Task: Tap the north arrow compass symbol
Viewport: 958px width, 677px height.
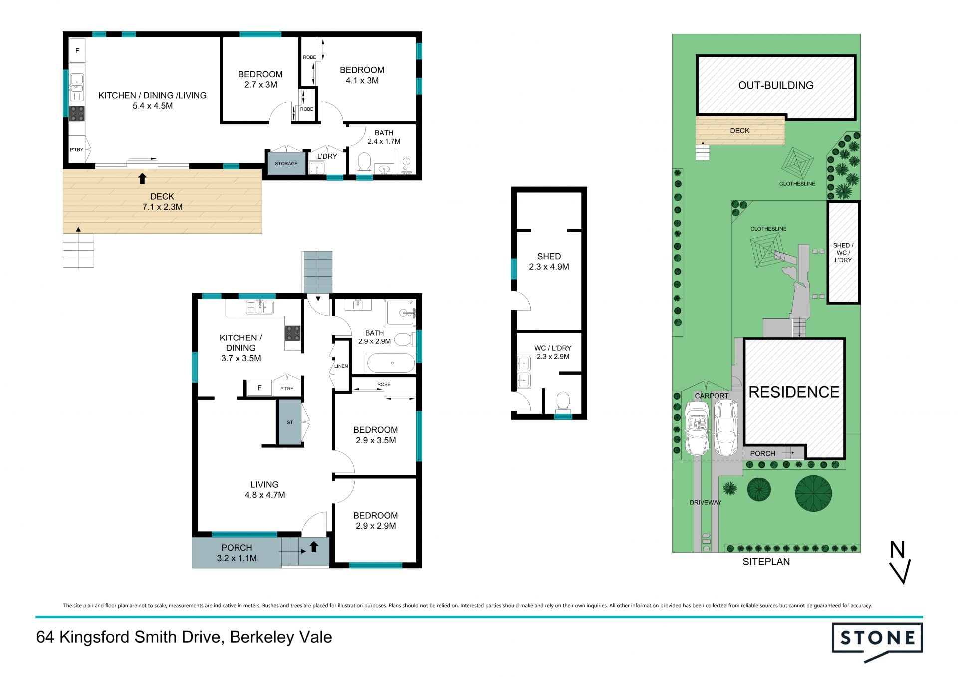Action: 900,562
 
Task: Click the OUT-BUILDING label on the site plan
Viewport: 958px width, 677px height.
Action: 776,85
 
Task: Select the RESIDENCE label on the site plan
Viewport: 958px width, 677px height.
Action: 794,392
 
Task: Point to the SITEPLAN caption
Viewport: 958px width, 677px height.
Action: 766,562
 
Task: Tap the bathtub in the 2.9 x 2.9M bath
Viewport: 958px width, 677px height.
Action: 391,363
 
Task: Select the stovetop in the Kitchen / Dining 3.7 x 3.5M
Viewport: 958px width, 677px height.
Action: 293,333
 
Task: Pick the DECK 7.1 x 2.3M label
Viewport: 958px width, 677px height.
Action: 162,202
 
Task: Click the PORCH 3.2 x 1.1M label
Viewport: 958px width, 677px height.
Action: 237,553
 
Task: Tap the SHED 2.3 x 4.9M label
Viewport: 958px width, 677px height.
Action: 549,262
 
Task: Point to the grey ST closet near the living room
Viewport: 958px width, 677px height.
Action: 290,422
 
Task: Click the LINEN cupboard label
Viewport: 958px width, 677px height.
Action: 341,366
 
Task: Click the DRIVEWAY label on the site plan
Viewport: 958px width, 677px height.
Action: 706,503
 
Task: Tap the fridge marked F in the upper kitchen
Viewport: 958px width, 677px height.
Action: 77,50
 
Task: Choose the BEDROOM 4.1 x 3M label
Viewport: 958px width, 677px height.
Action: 362,75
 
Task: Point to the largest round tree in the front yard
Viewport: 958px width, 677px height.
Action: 813,493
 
